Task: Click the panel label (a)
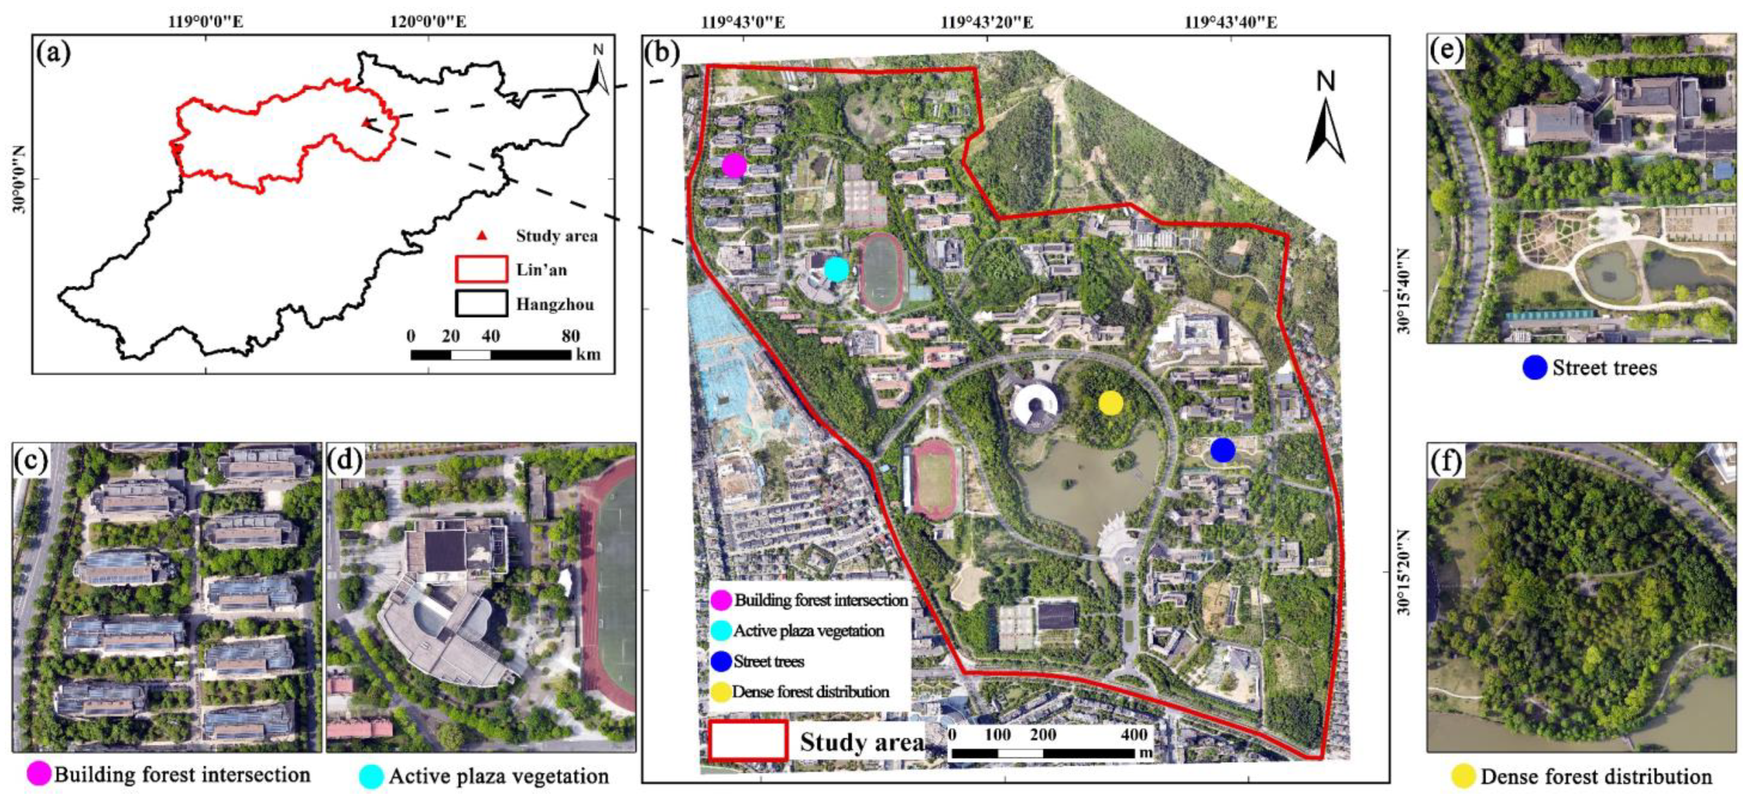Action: point(54,52)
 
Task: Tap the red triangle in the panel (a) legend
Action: point(481,235)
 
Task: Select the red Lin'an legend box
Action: point(481,269)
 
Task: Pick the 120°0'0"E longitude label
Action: point(428,22)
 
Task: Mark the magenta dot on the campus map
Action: point(734,165)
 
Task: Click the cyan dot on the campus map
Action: point(836,269)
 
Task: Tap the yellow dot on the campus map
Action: point(1111,403)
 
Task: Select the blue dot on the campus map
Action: point(1222,450)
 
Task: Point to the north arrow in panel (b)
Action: point(1325,122)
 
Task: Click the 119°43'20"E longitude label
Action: point(987,22)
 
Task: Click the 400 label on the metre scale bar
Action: point(1134,734)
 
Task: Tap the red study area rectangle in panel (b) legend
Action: point(748,740)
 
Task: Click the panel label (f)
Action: point(1446,462)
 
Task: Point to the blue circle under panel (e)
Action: point(1534,367)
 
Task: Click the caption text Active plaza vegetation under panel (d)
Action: point(498,776)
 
